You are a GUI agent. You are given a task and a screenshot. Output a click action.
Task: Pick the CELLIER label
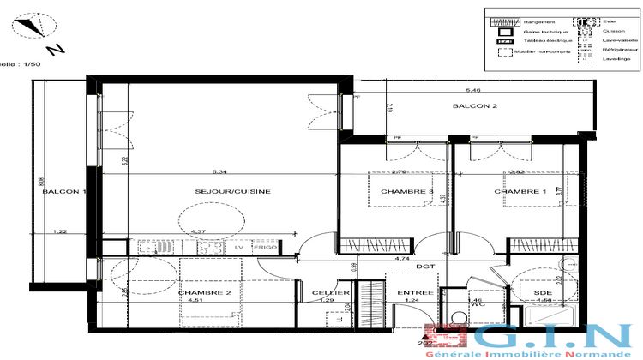(332, 292)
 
